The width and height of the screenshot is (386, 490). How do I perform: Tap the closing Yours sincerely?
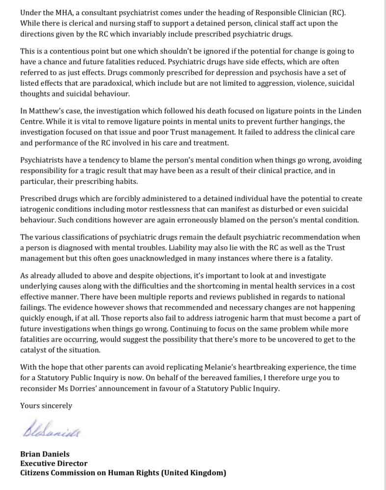coord(46,405)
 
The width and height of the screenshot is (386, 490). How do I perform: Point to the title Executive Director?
coord(53,464)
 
